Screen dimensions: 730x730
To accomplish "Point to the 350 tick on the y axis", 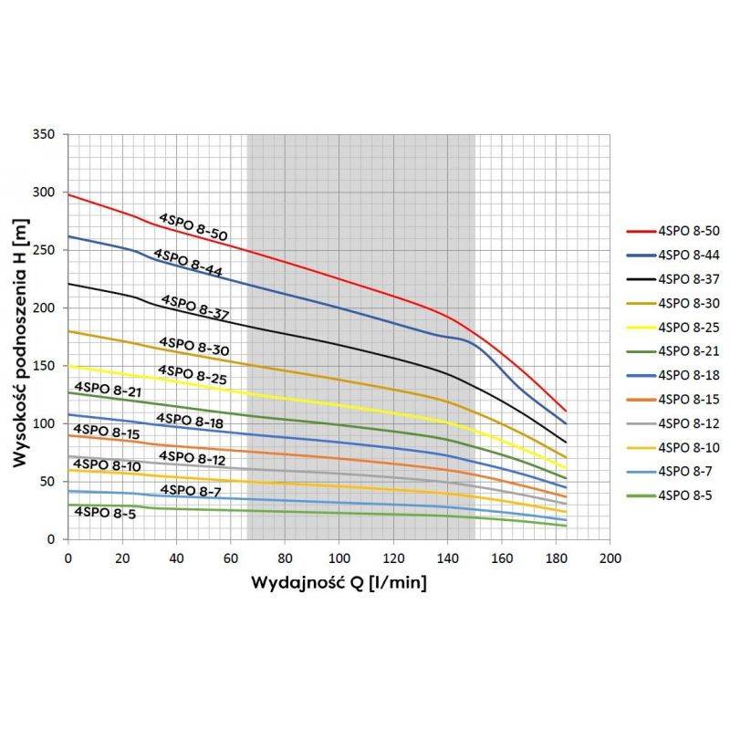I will click(x=47, y=134).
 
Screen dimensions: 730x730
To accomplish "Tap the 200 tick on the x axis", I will click(x=611, y=557).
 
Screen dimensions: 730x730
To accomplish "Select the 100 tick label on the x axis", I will click(x=339, y=557).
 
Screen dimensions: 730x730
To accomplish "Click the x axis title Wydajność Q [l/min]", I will click(x=339, y=581).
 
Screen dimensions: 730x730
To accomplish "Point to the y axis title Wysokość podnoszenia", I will click(x=19, y=336).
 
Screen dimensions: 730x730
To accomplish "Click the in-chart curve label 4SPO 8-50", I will click(x=193, y=227).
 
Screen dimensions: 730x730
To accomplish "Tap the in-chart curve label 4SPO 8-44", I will click(x=188, y=262).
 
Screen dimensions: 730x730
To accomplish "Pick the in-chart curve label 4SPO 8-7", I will click(x=191, y=491).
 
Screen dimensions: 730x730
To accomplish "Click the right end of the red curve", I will click(x=566, y=411).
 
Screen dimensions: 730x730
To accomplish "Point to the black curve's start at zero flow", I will click(x=68, y=283).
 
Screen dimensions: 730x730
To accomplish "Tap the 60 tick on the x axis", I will click(x=231, y=557).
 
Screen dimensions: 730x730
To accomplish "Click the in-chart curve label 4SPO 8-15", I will click(x=107, y=432).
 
